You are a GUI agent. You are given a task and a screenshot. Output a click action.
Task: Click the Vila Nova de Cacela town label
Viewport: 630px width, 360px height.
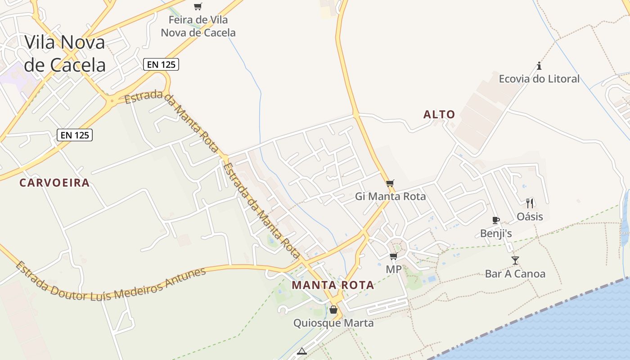[x=65, y=54]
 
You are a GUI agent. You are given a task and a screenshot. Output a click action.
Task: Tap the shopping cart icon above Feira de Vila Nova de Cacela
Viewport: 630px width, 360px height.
[x=198, y=6]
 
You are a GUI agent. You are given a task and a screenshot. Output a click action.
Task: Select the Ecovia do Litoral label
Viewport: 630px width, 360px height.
[x=539, y=79]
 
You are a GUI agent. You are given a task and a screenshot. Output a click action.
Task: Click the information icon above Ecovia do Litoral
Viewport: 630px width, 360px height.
[x=539, y=66]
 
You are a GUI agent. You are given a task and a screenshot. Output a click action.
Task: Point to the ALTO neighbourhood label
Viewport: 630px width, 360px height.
[x=439, y=115]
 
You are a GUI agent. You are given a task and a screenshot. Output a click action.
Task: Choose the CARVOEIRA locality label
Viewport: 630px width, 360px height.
[x=54, y=183]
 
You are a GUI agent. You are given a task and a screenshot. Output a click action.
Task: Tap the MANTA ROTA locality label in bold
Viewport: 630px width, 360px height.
[x=333, y=285]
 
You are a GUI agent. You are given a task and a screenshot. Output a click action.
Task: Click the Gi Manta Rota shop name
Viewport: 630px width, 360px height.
[x=390, y=196]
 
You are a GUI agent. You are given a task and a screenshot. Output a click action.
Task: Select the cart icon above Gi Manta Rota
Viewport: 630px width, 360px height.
[x=390, y=183]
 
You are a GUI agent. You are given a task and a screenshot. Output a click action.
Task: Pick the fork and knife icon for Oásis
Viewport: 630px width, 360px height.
[x=530, y=203]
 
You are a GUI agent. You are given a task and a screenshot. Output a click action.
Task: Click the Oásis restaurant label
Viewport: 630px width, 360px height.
[x=530, y=216]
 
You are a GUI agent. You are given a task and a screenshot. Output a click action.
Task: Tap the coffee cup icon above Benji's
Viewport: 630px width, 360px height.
[x=496, y=220]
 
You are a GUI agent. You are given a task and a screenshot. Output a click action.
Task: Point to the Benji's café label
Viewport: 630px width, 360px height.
[x=496, y=233]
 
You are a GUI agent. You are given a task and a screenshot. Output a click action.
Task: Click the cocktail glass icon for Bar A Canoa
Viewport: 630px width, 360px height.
[x=515, y=260]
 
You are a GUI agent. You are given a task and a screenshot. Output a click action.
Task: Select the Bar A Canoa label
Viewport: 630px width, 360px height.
[x=515, y=274]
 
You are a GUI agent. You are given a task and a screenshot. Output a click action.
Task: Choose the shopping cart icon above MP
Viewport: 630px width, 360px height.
[x=394, y=256]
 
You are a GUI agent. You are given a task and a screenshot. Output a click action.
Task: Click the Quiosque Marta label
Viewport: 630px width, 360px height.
[x=333, y=323]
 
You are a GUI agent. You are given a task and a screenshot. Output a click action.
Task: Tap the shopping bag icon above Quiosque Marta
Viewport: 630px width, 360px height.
[x=333, y=310]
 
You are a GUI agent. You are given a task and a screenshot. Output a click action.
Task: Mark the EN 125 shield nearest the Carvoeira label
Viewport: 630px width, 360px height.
[x=75, y=135]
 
